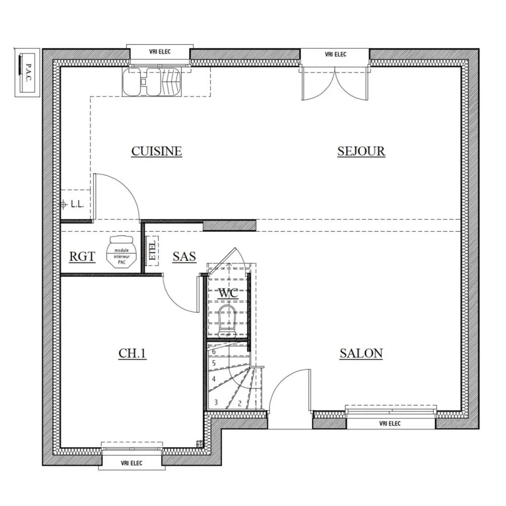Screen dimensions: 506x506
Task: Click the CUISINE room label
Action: pos(156,151)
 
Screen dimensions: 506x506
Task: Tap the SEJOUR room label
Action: pos(361,151)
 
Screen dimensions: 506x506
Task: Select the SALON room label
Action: pos(361,353)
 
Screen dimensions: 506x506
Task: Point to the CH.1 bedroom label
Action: pos(132,353)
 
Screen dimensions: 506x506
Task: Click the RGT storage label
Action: pos(82,257)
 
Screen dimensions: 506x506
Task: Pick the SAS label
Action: pos(184,257)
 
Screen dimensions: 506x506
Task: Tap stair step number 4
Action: pos(214,379)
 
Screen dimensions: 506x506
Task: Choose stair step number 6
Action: pos(214,351)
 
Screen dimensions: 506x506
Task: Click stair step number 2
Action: pos(239,403)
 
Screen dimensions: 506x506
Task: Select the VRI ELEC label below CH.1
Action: pos(132,462)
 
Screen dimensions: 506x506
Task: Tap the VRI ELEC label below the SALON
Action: pos(390,424)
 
